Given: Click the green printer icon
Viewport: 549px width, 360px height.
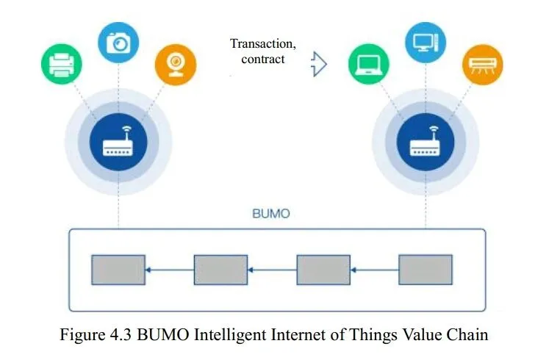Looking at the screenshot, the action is coord(62,64).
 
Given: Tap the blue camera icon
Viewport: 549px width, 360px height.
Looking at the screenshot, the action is coord(118,43).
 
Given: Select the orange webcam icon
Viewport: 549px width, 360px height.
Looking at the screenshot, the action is coord(176,65).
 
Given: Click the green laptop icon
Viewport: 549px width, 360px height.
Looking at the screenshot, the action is coord(369,64).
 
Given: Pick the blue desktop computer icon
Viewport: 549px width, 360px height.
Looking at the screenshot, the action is coord(426,43).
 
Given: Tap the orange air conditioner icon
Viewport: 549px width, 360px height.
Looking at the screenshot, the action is coord(482,65).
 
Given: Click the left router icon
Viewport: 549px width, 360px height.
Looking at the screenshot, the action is coord(118,142).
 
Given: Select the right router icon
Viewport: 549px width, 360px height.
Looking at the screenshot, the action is coord(426,142).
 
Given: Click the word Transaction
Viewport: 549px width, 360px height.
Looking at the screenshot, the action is coord(262,44).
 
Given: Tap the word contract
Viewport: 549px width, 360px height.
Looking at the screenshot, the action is coord(263,59).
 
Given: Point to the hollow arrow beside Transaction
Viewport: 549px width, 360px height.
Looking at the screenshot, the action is coord(319,64).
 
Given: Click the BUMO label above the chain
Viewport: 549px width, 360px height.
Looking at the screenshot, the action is coord(271,213).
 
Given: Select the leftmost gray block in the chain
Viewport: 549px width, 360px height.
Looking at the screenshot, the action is coord(118,270).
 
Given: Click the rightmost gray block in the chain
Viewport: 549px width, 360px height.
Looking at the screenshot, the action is coord(426,270).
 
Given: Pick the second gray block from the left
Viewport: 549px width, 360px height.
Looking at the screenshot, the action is coord(220,270).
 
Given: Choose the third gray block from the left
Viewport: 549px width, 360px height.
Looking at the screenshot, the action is coord(323,270).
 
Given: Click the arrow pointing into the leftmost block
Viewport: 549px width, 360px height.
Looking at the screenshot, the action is coord(170,270).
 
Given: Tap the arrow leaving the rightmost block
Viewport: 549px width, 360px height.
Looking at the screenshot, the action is coord(375,270).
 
